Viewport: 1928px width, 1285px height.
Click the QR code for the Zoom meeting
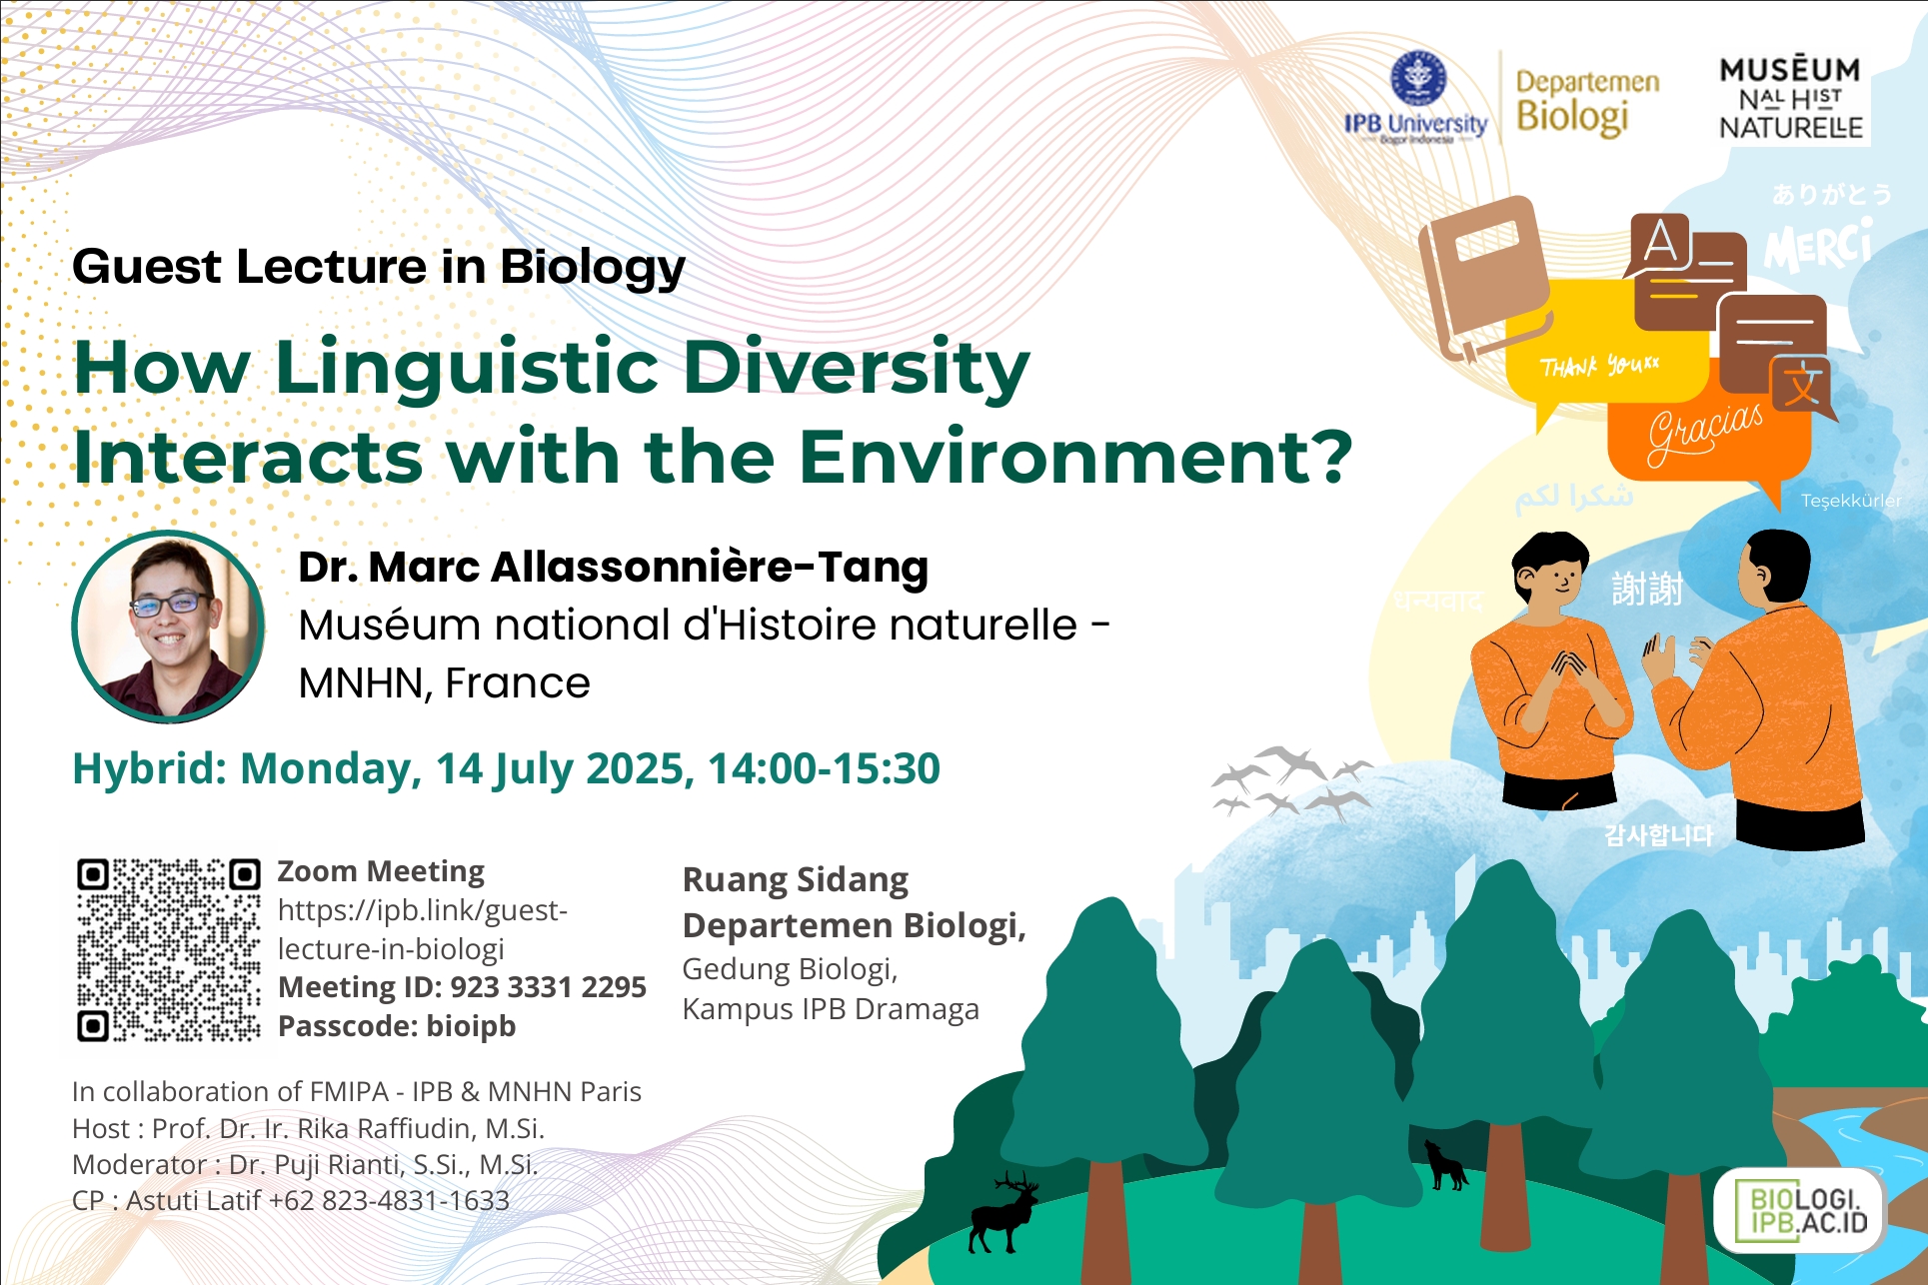click(x=168, y=949)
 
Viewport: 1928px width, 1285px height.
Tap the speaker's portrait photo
click(x=168, y=627)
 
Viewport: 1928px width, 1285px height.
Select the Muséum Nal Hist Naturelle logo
click(x=1790, y=98)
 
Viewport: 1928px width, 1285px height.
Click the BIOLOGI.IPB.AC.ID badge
click(x=1800, y=1210)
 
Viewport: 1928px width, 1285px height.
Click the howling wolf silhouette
click(x=1445, y=1165)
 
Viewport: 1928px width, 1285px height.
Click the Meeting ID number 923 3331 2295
click(x=548, y=987)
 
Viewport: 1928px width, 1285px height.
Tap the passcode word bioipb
click(x=471, y=1026)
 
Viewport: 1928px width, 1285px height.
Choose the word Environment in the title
click(x=1072, y=457)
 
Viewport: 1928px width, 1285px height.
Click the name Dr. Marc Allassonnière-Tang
click(x=613, y=567)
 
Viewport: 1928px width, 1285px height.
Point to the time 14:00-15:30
click(x=824, y=768)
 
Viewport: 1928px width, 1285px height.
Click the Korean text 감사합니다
click(x=1658, y=835)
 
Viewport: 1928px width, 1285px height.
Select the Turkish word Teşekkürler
click(x=1850, y=501)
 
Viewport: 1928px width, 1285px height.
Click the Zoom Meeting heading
click(x=381, y=871)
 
